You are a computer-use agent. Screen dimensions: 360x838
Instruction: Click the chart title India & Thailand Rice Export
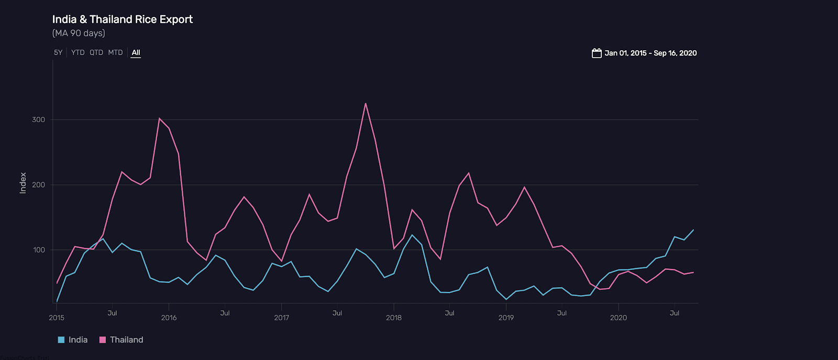(x=122, y=19)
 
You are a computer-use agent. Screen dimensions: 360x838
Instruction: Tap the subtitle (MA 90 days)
(x=79, y=33)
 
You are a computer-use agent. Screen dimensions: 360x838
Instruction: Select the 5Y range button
(x=58, y=52)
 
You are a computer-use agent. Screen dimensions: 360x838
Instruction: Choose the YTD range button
(x=78, y=52)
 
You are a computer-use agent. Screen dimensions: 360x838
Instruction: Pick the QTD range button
(x=96, y=52)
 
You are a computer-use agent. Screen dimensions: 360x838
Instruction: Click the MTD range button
(x=115, y=52)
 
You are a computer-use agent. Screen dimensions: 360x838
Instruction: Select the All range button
(x=136, y=52)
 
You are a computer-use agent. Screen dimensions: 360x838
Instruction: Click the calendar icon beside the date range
(x=597, y=53)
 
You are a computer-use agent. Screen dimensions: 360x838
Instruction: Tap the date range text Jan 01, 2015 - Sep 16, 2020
(x=650, y=53)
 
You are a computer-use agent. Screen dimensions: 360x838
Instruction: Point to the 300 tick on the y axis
(x=39, y=119)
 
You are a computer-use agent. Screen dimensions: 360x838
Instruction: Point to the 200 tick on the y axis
(x=39, y=184)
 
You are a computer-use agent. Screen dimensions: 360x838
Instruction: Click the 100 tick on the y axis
(x=39, y=250)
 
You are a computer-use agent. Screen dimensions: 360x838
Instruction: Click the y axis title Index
(x=23, y=183)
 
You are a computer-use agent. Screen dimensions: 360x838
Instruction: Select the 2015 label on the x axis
(x=57, y=318)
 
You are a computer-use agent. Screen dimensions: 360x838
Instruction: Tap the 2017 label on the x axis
(x=281, y=318)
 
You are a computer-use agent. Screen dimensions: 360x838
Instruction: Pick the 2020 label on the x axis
(x=618, y=318)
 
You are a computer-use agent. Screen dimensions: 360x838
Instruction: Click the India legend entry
(x=73, y=340)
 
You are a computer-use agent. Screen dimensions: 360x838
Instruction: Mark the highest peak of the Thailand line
(x=366, y=103)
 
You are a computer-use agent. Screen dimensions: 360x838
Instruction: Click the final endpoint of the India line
(x=693, y=230)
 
